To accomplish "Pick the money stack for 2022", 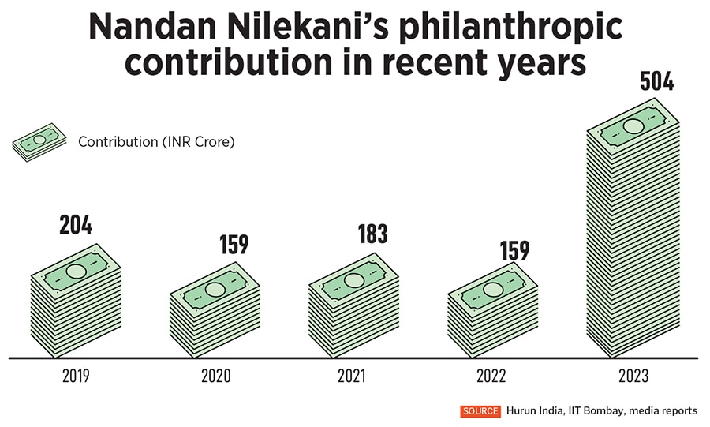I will click(492, 312).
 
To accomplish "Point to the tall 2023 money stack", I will click(633, 237).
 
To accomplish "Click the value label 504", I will click(656, 80).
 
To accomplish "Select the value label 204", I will click(76, 225).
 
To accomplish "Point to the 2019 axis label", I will click(76, 376).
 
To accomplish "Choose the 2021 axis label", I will click(353, 376).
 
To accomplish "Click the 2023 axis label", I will click(633, 376).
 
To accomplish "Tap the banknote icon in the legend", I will click(39, 142).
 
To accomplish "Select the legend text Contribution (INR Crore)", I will click(157, 142).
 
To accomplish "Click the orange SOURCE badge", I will click(480, 411).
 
